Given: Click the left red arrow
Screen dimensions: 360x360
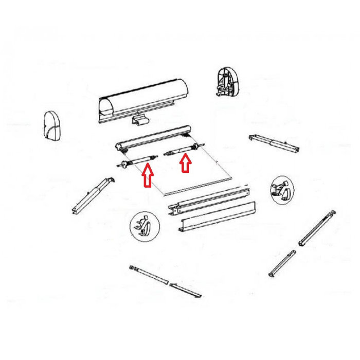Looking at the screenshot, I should pyautogui.click(x=148, y=175).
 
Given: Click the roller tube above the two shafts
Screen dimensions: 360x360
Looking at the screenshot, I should pyautogui.click(x=154, y=138).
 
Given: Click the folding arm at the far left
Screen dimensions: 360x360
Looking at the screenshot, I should pyautogui.click(x=92, y=195).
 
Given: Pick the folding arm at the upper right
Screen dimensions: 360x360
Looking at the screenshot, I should pyautogui.click(x=273, y=143).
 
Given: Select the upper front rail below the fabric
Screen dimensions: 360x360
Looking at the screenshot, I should pyautogui.click(x=211, y=201).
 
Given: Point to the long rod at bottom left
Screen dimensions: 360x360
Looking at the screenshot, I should pyautogui.click(x=150, y=275).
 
